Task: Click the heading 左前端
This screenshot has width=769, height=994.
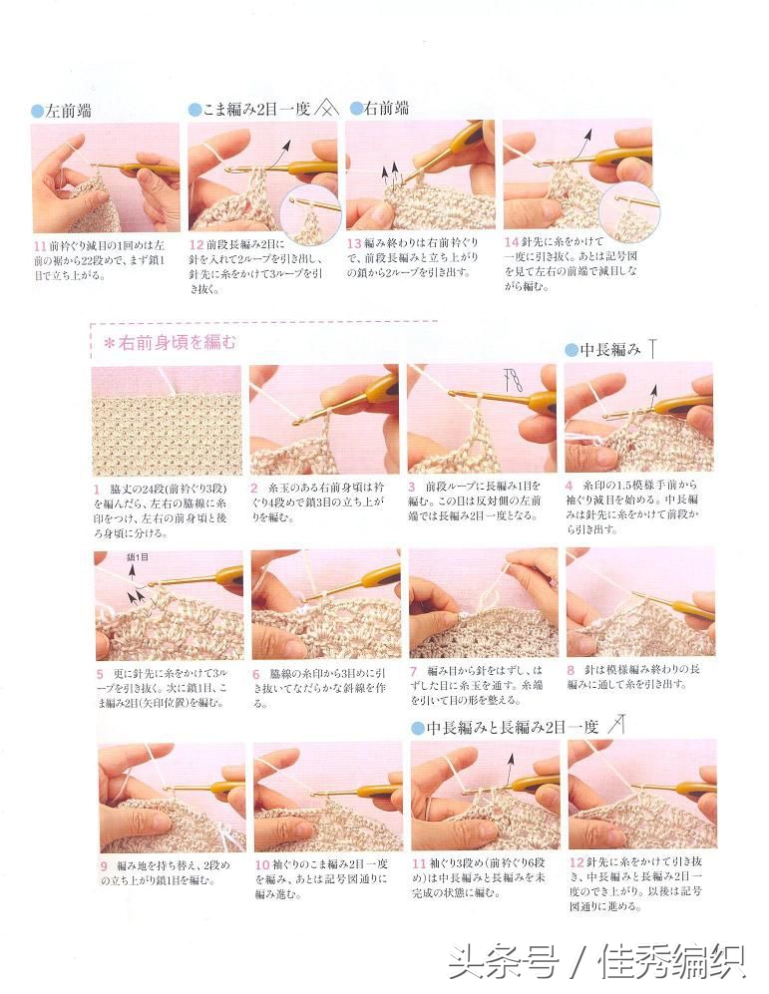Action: coord(69,111)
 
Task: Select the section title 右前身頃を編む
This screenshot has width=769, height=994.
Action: coord(170,344)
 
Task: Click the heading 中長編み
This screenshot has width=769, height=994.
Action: coord(610,349)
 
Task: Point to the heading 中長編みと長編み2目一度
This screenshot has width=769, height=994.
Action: coord(513,727)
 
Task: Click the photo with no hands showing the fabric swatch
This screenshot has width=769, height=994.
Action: coord(167,420)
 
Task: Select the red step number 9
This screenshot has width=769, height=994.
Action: coord(104,865)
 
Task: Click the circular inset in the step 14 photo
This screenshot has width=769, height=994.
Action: coord(627,210)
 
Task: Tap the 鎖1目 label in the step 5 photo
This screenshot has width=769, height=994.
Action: coord(138,558)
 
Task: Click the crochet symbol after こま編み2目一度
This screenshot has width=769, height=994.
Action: coord(327,109)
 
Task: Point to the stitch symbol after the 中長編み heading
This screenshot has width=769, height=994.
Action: coord(652,348)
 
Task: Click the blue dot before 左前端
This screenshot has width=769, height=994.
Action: coord(38,112)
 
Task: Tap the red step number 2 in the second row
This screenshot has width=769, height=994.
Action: coord(254,490)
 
